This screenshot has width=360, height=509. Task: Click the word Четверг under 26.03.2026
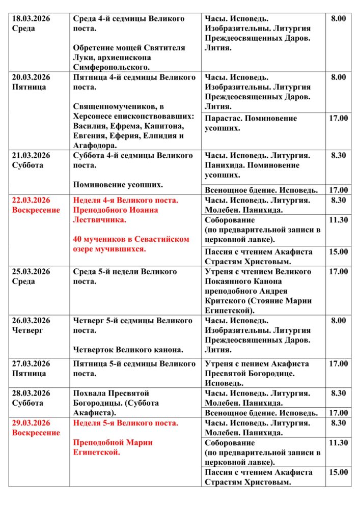click(x=29, y=330)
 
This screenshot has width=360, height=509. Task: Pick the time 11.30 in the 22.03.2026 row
click(x=338, y=220)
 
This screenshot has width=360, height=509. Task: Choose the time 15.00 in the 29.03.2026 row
click(x=338, y=472)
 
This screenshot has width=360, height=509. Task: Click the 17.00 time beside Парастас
click(x=338, y=119)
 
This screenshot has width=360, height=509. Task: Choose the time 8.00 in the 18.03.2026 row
click(x=338, y=19)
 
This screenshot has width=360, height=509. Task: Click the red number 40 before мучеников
click(x=78, y=239)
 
